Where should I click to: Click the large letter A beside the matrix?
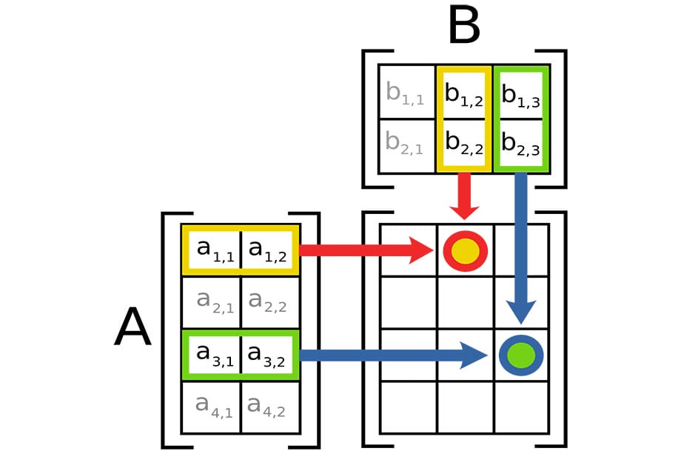(x=132, y=328)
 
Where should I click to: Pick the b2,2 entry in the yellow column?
(x=464, y=144)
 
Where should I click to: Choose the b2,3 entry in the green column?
(x=520, y=144)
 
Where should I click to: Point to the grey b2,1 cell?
(x=406, y=144)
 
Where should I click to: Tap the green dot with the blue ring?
(x=521, y=355)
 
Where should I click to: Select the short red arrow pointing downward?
(x=465, y=194)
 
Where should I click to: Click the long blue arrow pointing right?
(x=392, y=355)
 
